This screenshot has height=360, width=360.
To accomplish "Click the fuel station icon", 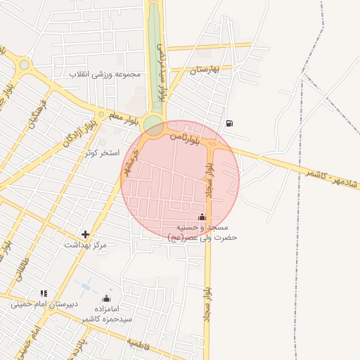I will pos(230,124).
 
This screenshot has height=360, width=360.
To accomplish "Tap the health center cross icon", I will pos(86,234).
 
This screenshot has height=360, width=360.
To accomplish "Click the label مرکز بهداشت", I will pos(85,245).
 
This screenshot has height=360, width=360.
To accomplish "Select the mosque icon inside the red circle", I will pos(202,217).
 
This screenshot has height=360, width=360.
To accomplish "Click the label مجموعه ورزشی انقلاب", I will pos(105,74).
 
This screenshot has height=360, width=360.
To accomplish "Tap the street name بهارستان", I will pos(205,69).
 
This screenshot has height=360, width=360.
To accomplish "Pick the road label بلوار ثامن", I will pos(184,139).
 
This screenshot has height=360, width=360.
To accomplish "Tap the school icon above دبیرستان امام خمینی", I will pos(44,293).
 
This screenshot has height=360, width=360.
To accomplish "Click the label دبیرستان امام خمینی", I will pos(40,304).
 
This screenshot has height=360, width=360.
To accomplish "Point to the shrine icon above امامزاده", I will pos(106,298).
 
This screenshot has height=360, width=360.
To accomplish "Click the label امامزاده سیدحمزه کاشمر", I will pos(106,314).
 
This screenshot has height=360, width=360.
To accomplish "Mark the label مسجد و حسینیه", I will pos(203,228).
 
